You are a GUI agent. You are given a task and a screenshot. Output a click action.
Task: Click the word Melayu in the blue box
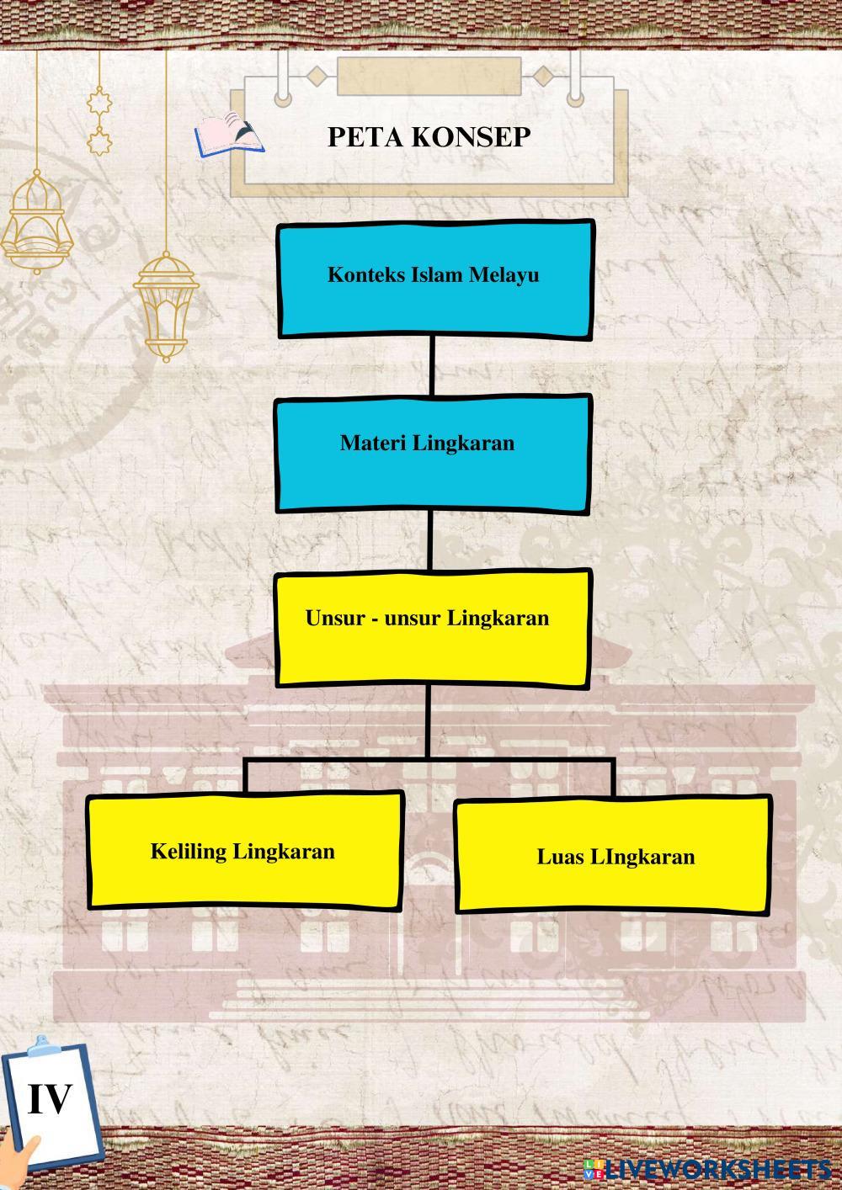(x=504, y=275)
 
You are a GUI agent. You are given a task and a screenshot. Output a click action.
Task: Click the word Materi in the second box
(x=373, y=443)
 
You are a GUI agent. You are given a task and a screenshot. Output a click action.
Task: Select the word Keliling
(x=189, y=852)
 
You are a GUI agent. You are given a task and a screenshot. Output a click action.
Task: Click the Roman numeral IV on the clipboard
(x=50, y=1099)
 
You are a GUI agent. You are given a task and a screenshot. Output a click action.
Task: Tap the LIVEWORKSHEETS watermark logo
(x=707, y=1168)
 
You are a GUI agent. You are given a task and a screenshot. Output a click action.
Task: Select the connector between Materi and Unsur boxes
(x=430, y=540)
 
